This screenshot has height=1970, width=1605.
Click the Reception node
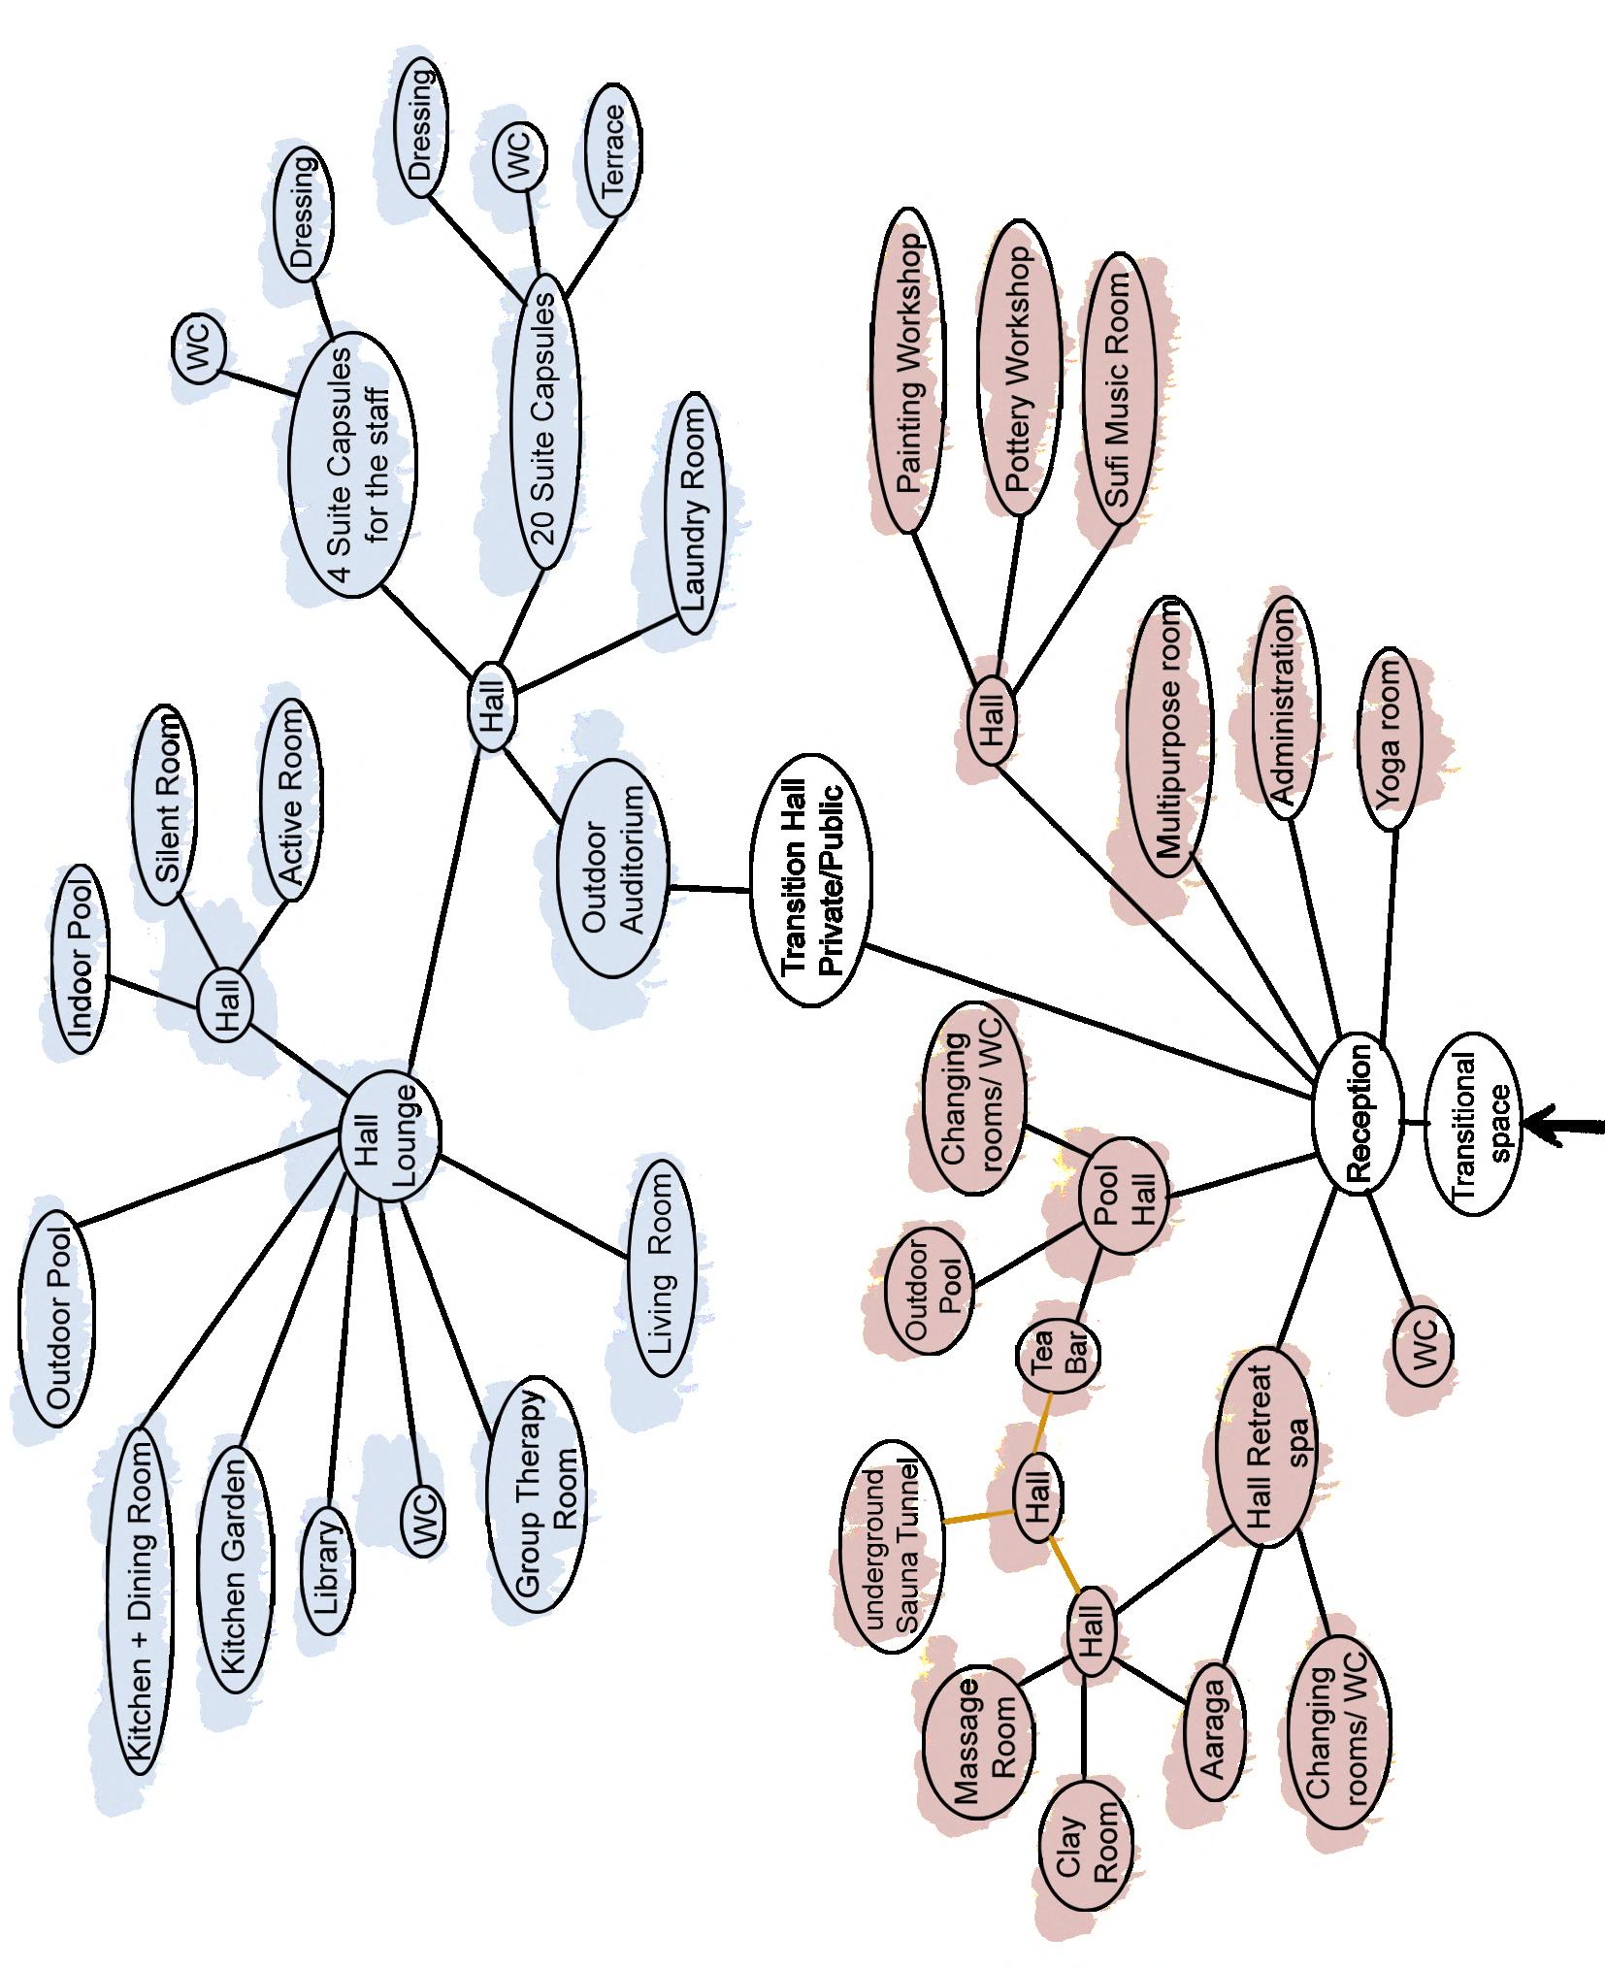1357,1113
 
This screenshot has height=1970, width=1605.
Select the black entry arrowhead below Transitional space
1538,1125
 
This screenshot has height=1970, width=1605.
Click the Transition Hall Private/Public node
810,881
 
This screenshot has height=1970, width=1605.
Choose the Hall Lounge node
390,1135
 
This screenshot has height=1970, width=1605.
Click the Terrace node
611,152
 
